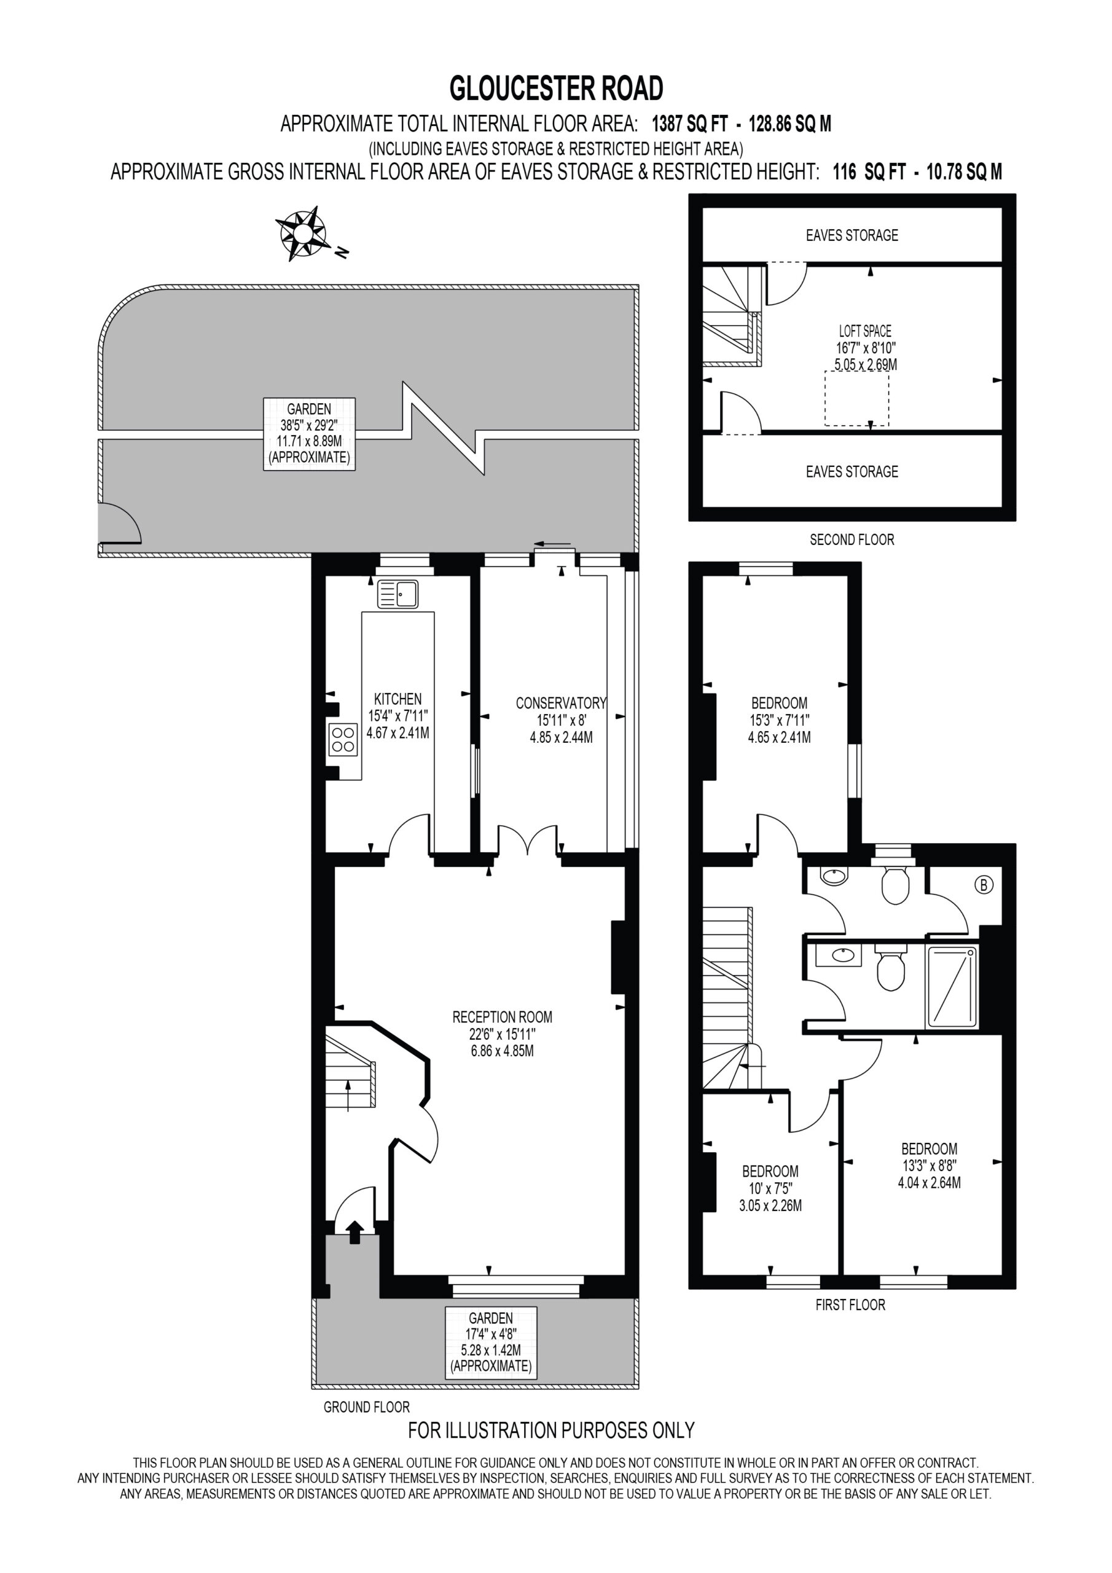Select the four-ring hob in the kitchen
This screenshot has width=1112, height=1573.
(x=343, y=739)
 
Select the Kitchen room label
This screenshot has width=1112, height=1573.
(x=397, y=699)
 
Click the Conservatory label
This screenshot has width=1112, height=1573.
(x=561, y=703)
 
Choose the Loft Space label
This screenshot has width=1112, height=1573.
(x=866, y=331)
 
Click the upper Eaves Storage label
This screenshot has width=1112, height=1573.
(x=852, y=235)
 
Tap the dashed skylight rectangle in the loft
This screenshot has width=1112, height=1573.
(x=856, y=399)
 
